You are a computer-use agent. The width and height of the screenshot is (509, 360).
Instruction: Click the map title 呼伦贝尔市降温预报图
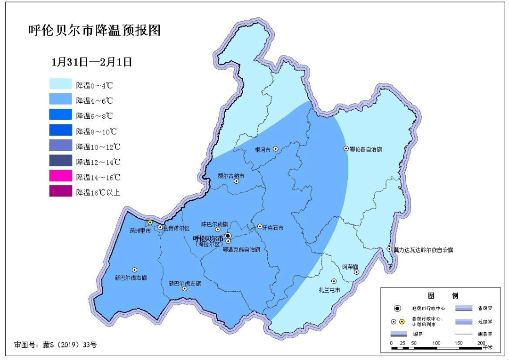[x=95, y=31]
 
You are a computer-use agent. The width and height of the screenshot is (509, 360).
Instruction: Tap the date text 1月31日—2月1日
[x=91, y=62]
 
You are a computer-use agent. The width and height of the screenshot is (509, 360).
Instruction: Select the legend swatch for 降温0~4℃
[x=61, y=85]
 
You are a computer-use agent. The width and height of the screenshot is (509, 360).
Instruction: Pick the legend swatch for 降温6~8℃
[x=61, y=115]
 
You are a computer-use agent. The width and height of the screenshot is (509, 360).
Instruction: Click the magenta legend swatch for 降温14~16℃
[x=61, y=177]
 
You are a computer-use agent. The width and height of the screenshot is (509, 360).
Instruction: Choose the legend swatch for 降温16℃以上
[x=61, y=192]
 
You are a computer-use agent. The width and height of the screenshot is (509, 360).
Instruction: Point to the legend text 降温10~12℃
[x=98, y=147]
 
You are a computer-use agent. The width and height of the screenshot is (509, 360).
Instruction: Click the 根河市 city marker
[x=276, y=149]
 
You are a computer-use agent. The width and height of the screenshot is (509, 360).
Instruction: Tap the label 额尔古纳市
[x=231, y=176]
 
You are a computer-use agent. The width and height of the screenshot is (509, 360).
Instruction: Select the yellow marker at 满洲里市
[x=150, y=222]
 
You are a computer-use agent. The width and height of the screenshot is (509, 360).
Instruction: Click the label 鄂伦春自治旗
[x=366, y=149]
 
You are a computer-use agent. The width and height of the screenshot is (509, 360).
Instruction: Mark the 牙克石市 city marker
[x=260, y=227]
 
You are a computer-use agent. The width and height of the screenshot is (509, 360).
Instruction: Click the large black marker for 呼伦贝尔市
[x=228, y=235]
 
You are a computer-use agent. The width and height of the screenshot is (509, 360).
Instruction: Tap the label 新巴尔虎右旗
[x=131, y=278]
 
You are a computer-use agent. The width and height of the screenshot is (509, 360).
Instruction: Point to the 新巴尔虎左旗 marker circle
[x=184, y=288]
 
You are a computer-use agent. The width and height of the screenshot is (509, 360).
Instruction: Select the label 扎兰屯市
[x=329, y=289]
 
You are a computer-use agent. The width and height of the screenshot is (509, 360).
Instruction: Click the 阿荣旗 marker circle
[x=357, y=272]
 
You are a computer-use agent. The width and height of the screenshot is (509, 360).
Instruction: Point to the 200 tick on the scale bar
[x=481, y=342]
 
